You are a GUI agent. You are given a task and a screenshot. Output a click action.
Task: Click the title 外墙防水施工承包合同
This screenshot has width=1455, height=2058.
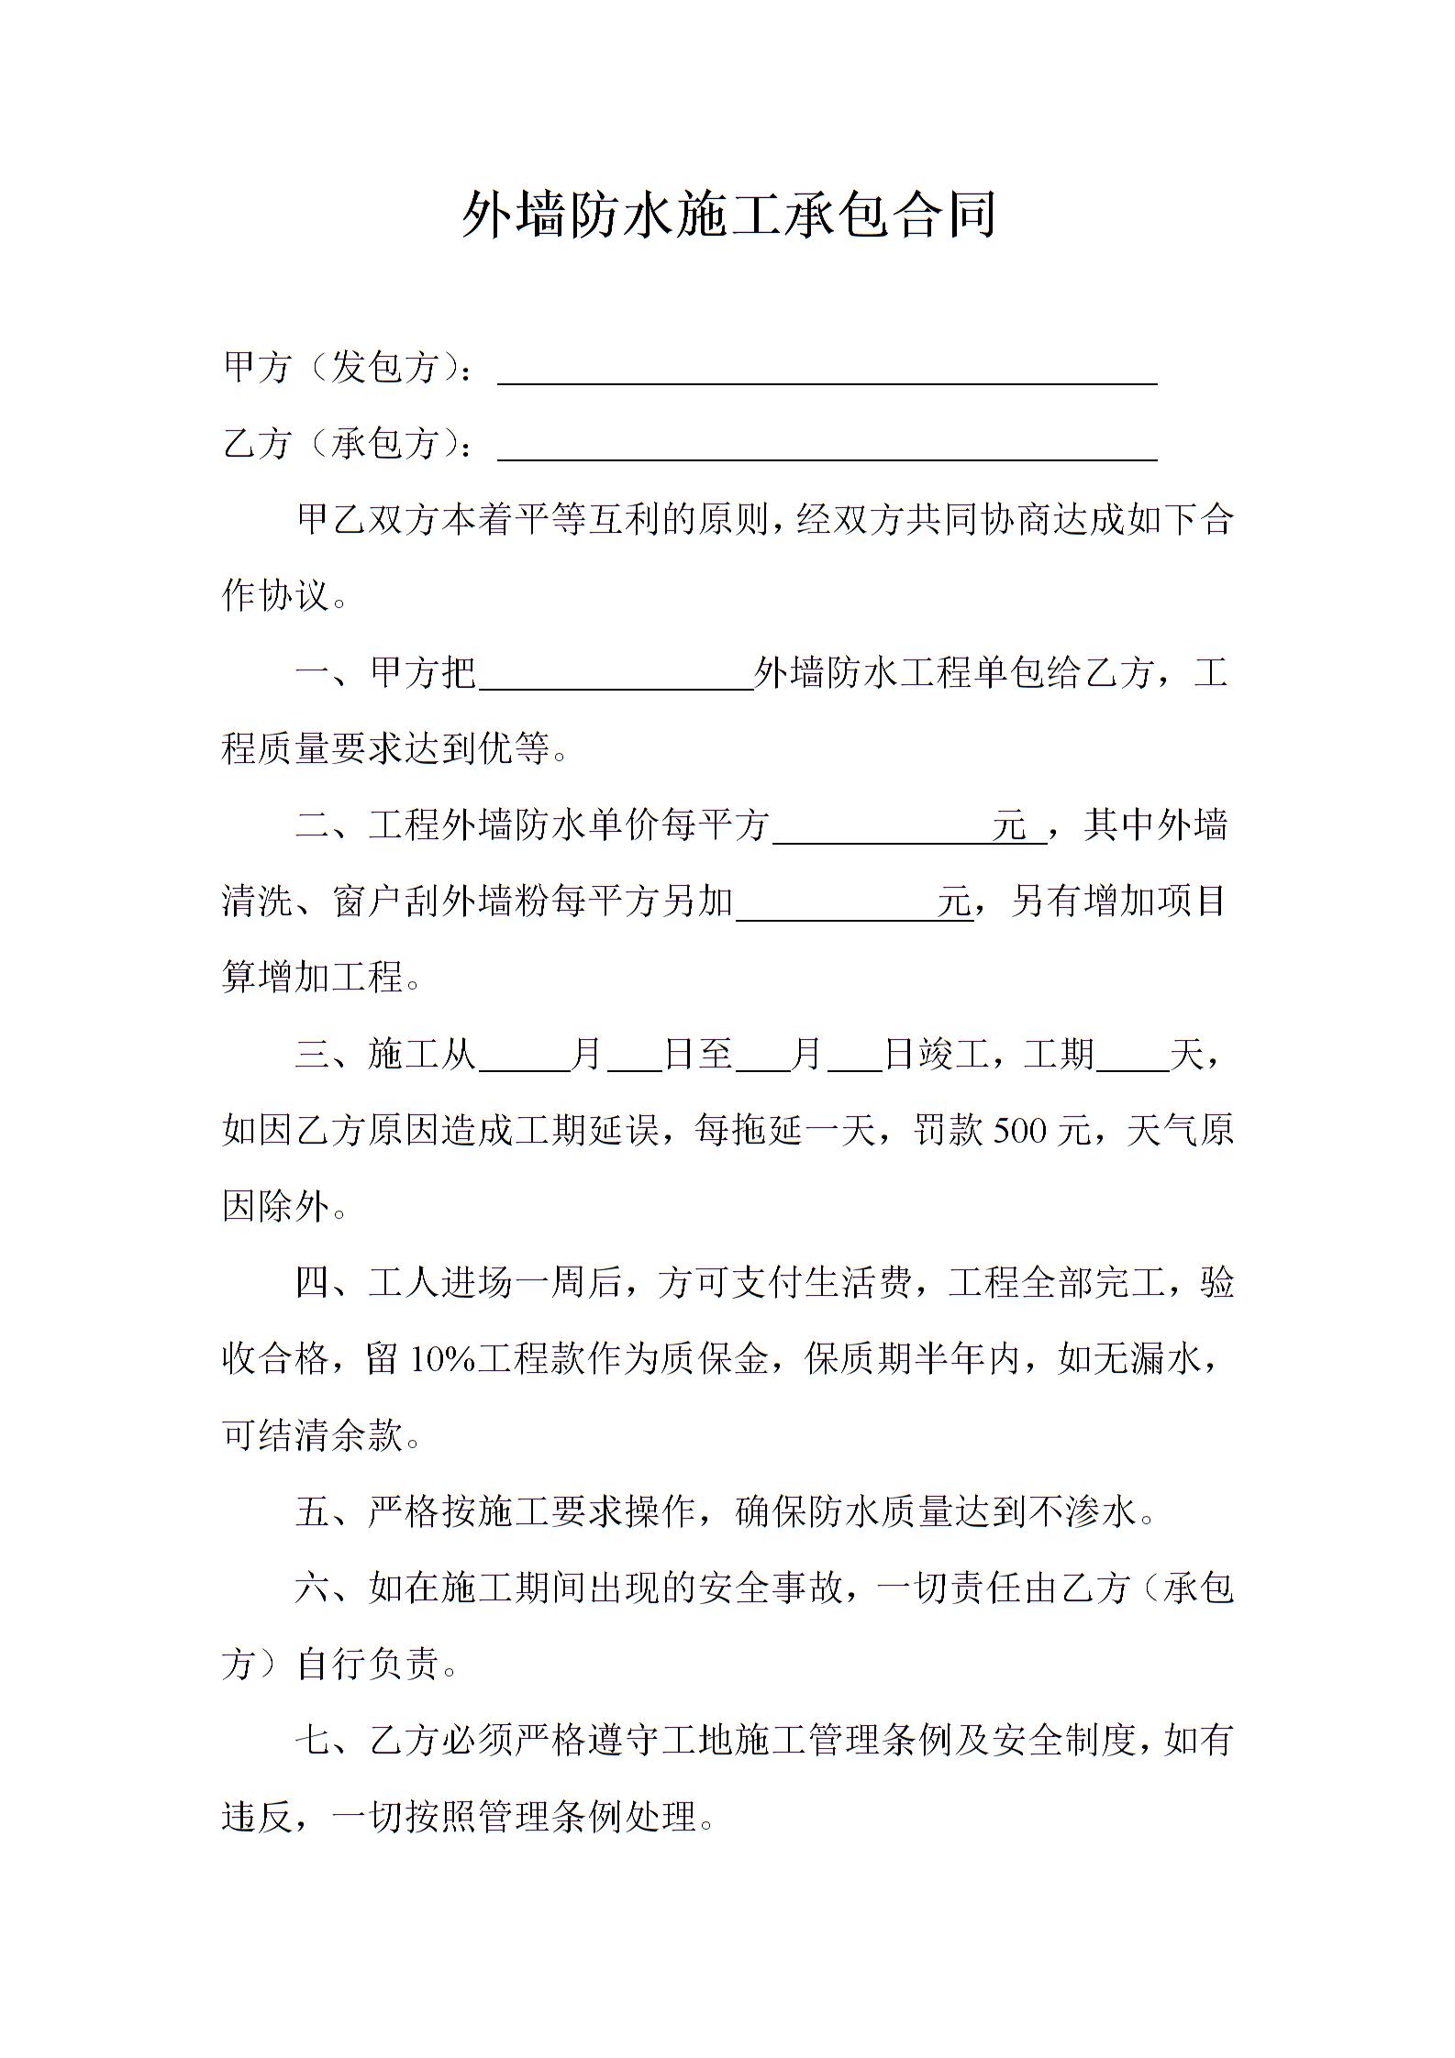pyautogui.click(x=728, y=216)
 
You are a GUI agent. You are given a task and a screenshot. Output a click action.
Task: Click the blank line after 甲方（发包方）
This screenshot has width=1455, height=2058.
pyautogui.click(x=826, y=371)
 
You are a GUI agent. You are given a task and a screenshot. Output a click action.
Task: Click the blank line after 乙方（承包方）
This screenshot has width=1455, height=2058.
pyautogui.click(x=826, y=447)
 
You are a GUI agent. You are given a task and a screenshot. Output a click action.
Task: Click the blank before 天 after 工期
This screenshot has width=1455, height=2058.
pyautogui.click(x=1132, y=1056)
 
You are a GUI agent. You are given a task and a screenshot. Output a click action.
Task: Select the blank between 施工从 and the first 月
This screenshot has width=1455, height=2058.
pyautogui.click(x=523, y=1056)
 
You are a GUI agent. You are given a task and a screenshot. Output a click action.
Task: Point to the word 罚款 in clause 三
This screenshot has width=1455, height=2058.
pyautogui.click(x=950, y=1132)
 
